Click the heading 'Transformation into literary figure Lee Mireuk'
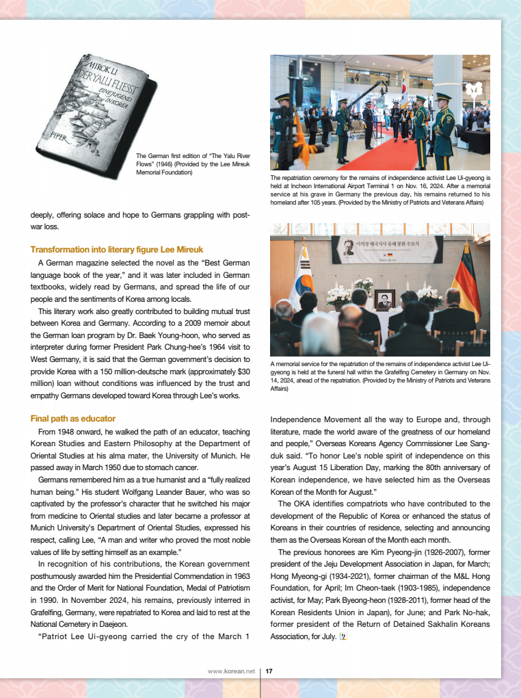[x=117, y=250]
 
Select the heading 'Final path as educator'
[x=73, y=418]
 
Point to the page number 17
[x=269, y=671]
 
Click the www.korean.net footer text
[x=231, y=671]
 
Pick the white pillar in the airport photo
[x=449, y=86]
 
